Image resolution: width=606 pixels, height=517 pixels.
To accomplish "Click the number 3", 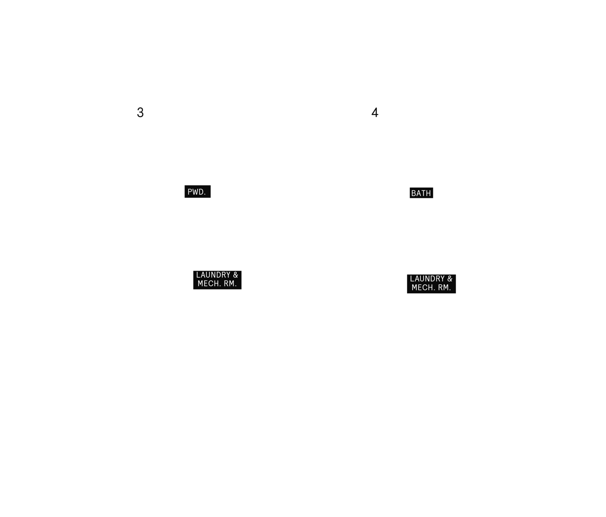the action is tap(140, 112).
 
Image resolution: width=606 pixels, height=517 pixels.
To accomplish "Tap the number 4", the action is tap(375, 112).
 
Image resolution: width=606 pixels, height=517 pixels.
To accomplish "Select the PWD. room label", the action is tap(198, 192).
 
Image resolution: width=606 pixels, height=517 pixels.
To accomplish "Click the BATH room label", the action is tap(421, 193).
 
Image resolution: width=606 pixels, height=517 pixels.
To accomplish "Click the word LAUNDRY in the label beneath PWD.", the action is tap(213, 275).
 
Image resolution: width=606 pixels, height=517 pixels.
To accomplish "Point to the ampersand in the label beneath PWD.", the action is tap(236, 275).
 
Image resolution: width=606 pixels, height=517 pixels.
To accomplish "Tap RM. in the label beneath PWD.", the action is tap(230, 284).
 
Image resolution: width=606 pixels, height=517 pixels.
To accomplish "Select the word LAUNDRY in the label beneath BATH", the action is tap(427, 279).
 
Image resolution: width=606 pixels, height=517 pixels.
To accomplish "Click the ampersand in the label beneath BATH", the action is tap(450, 279).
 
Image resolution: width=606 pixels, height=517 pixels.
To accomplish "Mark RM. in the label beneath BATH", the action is tap(444, 288).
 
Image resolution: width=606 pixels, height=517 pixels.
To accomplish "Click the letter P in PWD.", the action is tap(190, 192).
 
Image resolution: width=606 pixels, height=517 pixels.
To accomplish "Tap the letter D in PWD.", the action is tap(201, 192).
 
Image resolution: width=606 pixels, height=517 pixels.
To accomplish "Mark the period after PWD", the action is tap(205, 194).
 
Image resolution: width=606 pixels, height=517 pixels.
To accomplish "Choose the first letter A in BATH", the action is tap(418, 193).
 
